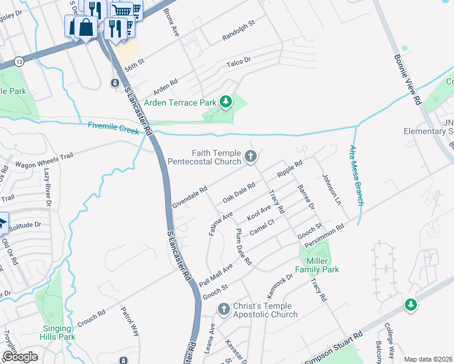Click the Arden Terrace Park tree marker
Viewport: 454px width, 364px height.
[x=226, y=101]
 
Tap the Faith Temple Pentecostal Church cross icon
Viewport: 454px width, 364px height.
[x=250, y=158]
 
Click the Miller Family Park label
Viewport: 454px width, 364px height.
[x=317, y=265]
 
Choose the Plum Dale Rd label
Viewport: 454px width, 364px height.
[x=243, y=247]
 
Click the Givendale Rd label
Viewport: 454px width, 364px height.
[x=190, y=196]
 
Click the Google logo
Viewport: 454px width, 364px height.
[x=21, y=356]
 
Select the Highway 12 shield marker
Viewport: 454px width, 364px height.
[x=20, y=61]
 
